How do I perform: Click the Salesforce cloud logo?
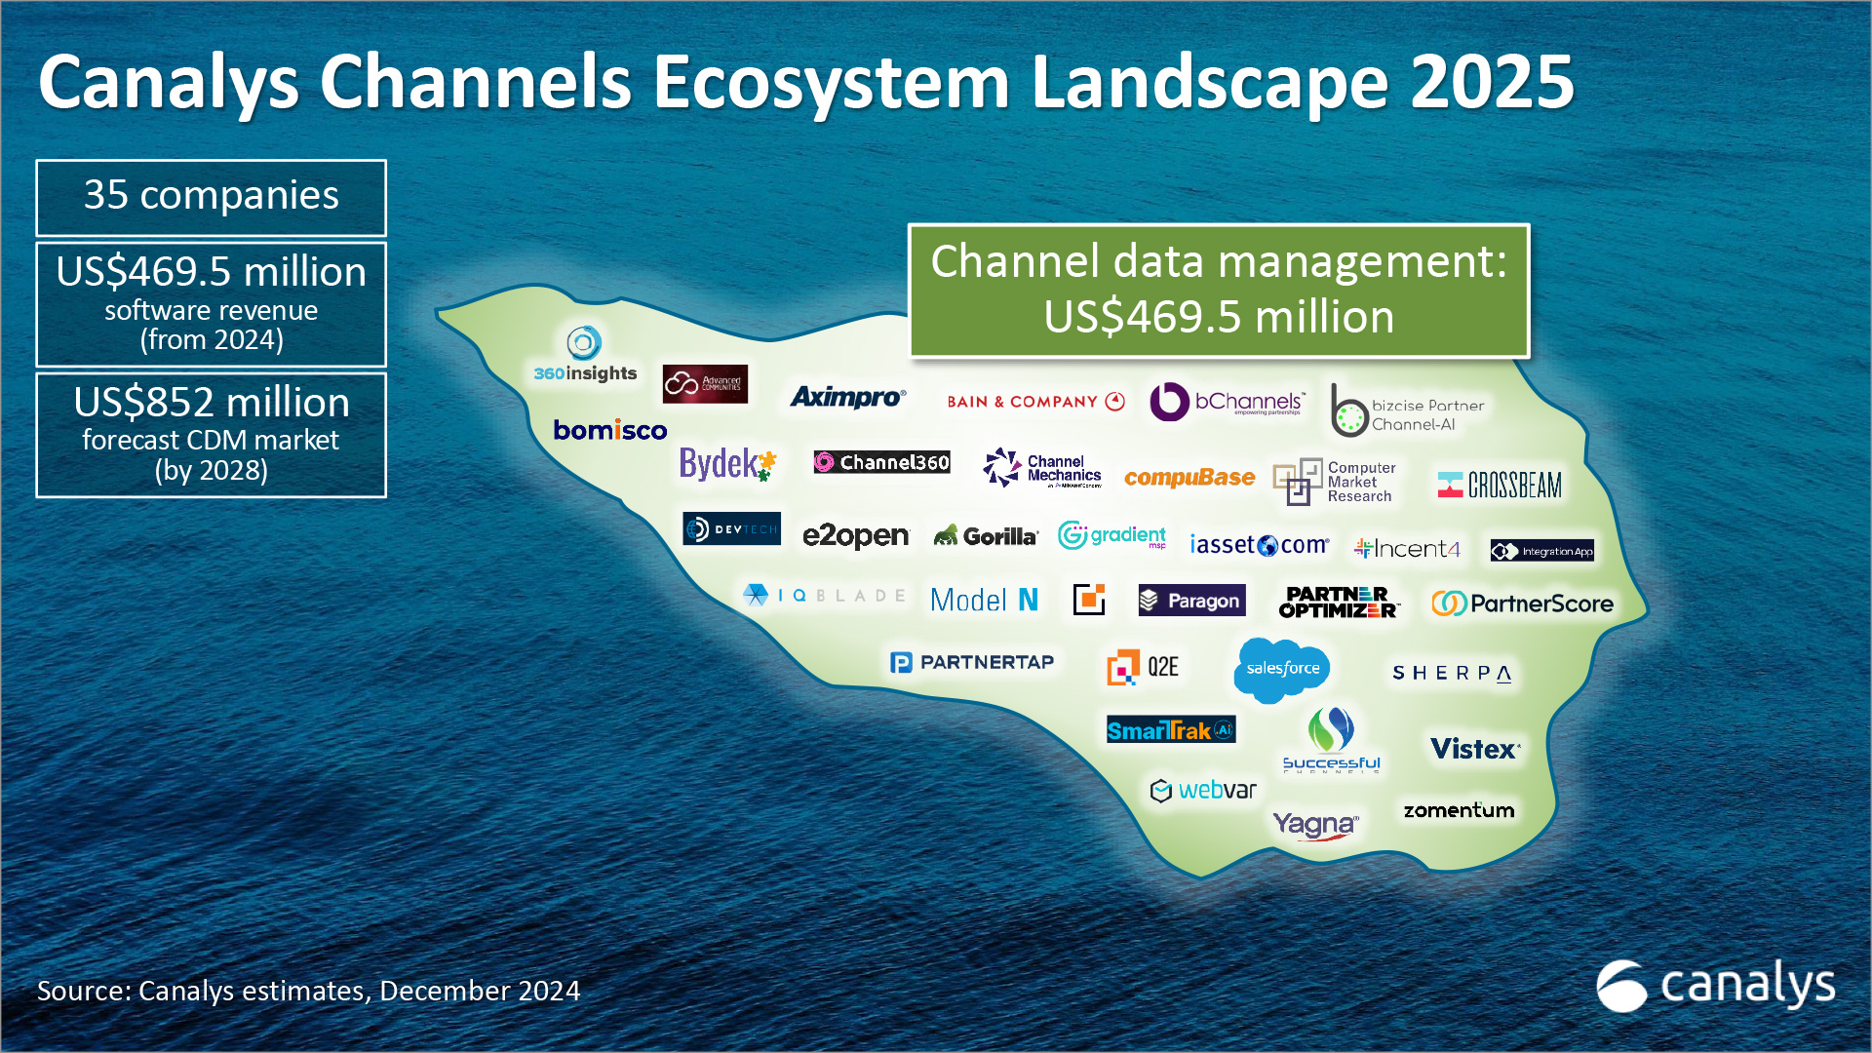1282,669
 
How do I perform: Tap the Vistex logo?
1474,749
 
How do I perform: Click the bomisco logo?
610,430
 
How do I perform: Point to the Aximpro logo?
847,397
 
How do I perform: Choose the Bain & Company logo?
1035,402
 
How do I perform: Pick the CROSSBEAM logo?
1500,485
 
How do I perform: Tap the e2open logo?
855,535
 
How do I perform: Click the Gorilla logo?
986,535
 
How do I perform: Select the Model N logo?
984,600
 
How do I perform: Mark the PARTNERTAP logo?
972,663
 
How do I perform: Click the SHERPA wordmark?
1452,673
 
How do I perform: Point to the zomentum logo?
1459,810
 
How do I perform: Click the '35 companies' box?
211,197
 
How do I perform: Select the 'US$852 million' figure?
211,403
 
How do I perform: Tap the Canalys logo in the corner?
1716,985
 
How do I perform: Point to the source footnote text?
308,991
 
